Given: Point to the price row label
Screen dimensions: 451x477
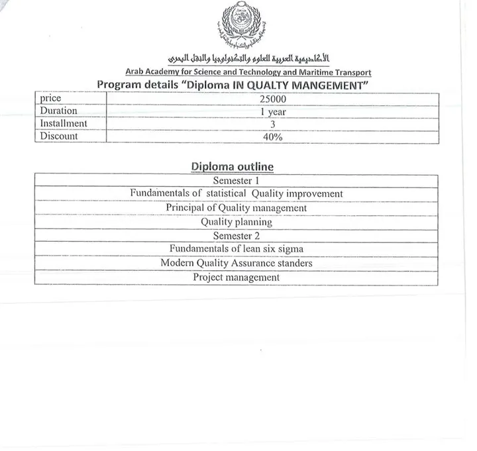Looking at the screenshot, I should (50, 99).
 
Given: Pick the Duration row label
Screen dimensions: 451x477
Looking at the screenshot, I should (58, 111).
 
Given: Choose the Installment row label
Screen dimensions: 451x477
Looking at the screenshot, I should (64, 124).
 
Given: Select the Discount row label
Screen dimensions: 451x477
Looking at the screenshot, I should (59, 136).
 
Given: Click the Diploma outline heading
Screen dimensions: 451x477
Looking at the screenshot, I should (232, 166).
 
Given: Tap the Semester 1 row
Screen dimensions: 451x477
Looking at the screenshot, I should (237, 180).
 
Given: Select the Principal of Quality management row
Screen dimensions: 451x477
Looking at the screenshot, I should (237, 208).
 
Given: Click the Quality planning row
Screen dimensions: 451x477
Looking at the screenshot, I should (237, 223).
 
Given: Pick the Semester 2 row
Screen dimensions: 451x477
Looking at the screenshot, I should (237, 236).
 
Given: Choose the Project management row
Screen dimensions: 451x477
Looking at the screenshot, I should (237, 277).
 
